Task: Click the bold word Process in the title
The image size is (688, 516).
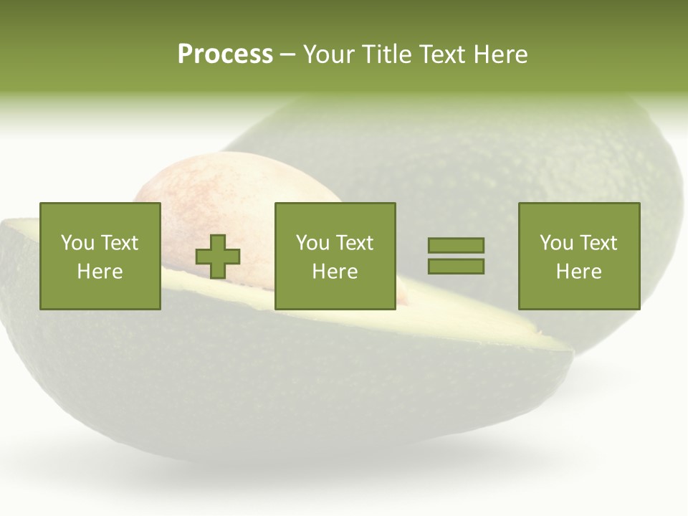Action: pos(225,54)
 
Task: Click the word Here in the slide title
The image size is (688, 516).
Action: pos(500,54)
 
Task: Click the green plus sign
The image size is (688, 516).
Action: pos(218,257)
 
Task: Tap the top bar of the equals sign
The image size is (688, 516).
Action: pos(456,245)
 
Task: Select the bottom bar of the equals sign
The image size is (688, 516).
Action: pos(456,266)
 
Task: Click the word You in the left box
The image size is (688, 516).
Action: pos(77,243)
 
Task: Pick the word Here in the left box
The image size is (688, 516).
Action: pos(100,272)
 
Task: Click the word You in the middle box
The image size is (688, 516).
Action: pos(312,243)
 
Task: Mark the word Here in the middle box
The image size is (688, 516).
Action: pos(335,272)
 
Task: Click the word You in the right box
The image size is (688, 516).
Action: pos(555,243)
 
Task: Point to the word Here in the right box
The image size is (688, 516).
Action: pos(578,272)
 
